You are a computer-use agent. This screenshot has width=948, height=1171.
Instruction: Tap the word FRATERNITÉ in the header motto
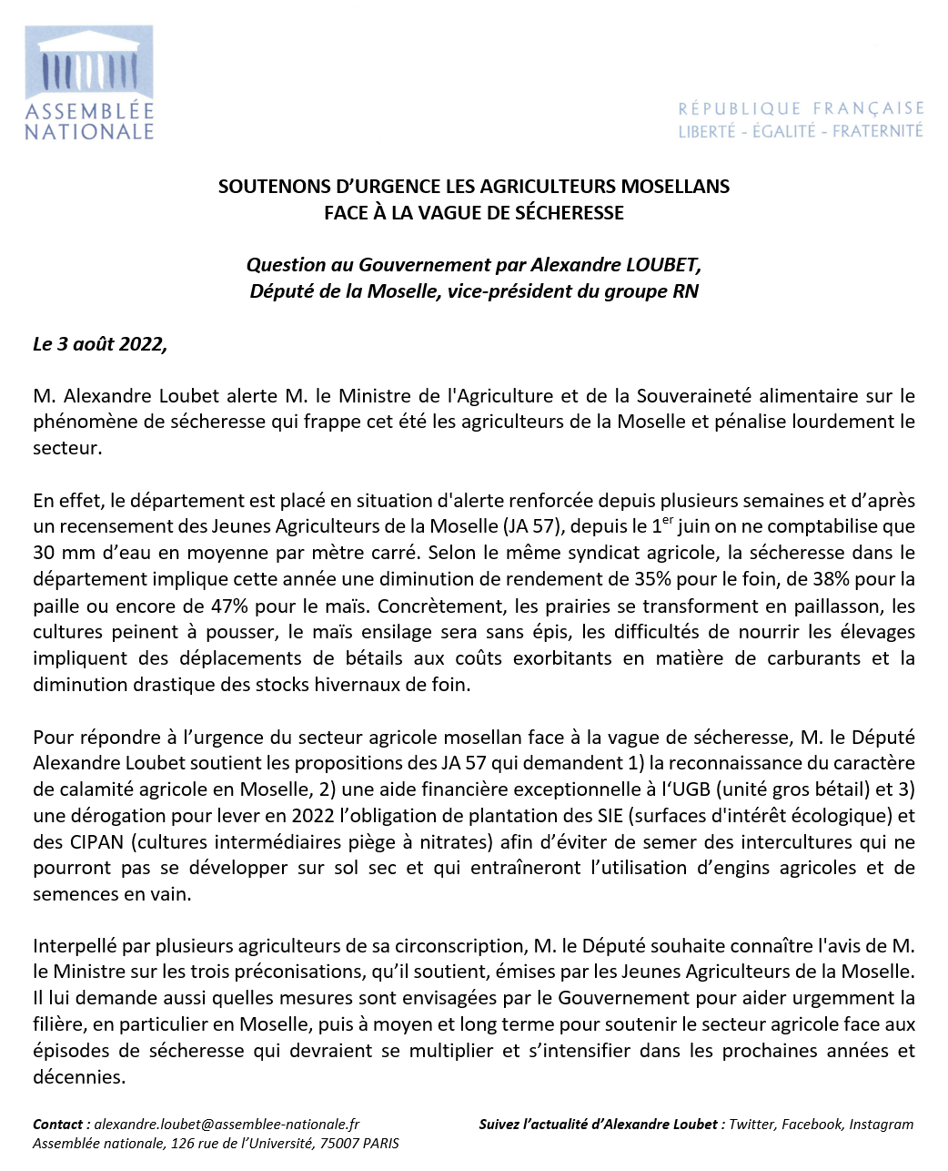click(x=877, y=131)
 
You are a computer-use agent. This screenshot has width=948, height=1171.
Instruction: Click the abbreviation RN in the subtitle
click(x=685, y=291)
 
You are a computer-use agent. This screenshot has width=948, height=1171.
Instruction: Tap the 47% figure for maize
click(x=225, y=606)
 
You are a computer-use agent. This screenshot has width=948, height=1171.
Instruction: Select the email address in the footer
click(x=227, y=1125)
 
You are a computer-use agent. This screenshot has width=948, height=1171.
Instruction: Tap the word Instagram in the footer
click(x=881, y=1125)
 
